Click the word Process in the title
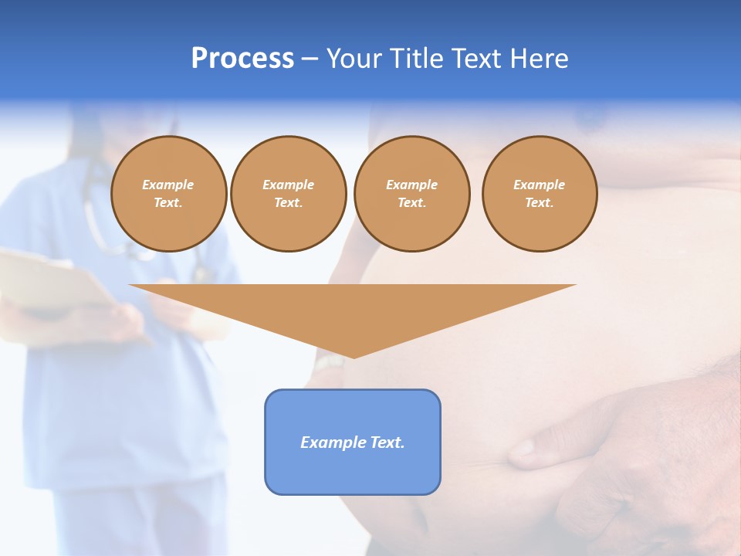click(242, 59)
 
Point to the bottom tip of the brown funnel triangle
click(354, 357)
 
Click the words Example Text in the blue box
click(353, 442)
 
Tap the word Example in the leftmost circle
click(168, 185)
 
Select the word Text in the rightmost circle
click(539, 202)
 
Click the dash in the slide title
click(310, 59)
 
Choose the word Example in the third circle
click(411, 185)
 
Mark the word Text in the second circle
click(288, 202)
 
